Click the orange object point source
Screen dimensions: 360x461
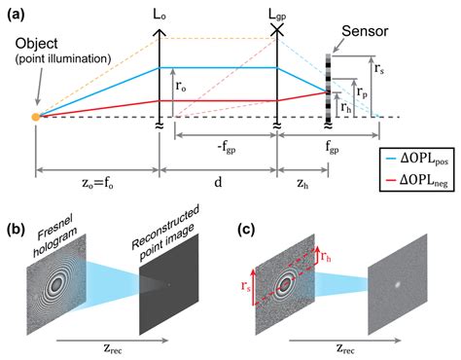(36, 118)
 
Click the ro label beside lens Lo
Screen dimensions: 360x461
(182, 88)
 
